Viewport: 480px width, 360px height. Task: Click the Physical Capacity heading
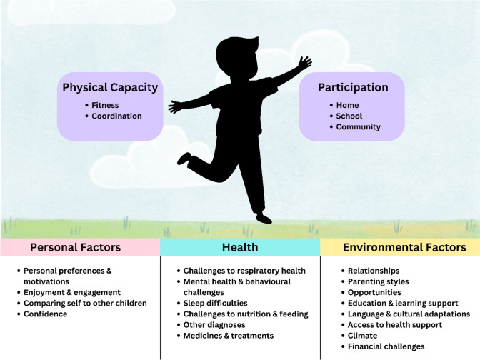tap(110, 88)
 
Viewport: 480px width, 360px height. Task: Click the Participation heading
tap(353, 88)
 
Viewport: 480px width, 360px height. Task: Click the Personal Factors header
tap(75, 247)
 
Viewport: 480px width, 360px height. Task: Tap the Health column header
tap(240, 247)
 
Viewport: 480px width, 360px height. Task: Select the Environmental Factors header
tap(404, 247)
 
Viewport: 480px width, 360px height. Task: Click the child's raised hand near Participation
tap(304, 63)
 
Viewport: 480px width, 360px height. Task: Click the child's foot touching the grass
tap(264, 218)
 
